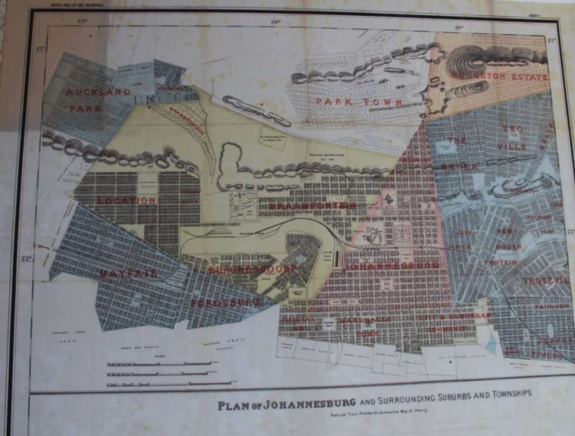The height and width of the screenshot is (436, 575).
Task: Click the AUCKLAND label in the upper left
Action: point(98,92)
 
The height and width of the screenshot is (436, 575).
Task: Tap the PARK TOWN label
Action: point(360,102)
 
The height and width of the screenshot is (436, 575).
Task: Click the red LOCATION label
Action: point(126,200)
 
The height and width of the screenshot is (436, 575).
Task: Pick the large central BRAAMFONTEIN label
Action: point(312,206)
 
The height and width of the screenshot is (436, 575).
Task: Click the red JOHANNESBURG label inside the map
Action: point(391,265)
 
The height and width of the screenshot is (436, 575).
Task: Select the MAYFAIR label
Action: point(129,273)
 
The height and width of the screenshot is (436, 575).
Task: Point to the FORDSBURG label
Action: point(226,302)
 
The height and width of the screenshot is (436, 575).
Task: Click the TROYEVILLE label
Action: point(546,281)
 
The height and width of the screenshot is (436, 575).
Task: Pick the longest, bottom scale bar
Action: point(171,383)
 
